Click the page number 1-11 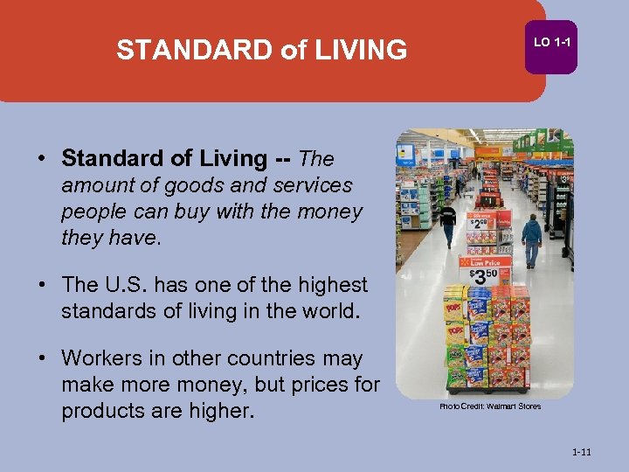pos(581,452)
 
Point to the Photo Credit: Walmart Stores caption pos(489,406)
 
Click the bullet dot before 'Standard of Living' pos(41,159)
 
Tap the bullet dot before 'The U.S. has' pos(41,285)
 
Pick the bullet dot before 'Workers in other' pos(41,358)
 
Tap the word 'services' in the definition pos(311,185)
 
